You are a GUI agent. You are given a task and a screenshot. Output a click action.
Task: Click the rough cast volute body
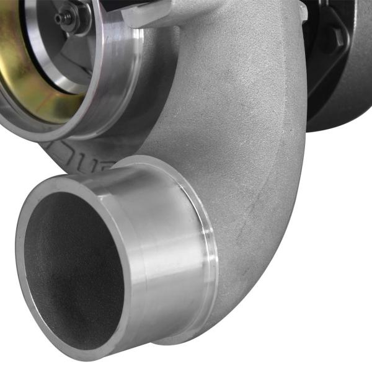(248, 124)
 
